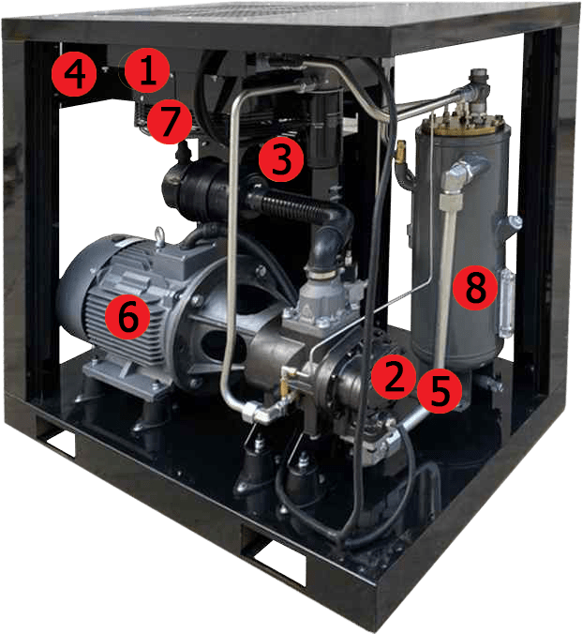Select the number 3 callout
coord(281,160)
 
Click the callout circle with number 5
coord(439,390)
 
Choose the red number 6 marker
coord(127,317)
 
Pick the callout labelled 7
coord(171,122)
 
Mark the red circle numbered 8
coord(475,289)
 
